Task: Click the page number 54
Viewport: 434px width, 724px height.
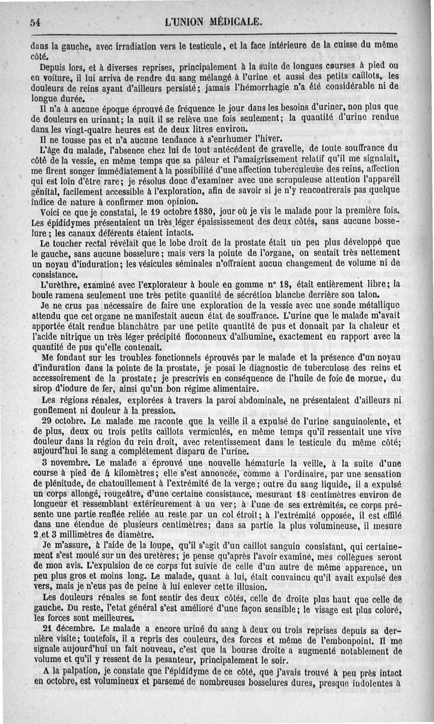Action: coord(36,23)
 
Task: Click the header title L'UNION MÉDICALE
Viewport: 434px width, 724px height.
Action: coord(216,22)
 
